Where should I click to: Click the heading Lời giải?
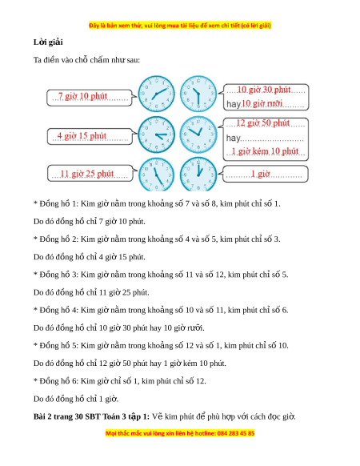click(48, 42)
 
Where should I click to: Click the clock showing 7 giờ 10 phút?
click(156, 94)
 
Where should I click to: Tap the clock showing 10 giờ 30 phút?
click(198, 94)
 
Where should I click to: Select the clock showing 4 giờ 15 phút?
click(156, 135)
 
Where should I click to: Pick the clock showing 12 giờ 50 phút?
click(198, 135)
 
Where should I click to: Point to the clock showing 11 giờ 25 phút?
click(156, 175)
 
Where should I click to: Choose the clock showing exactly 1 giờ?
click(198, 175)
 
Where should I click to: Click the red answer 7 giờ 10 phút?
click(82, 96)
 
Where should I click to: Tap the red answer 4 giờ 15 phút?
click(82, 136)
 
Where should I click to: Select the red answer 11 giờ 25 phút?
click(87, 174)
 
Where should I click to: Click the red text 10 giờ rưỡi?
click(262, 103)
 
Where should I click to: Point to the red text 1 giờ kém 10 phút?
click(265, 151)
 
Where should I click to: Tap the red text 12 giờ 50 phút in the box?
click(263, 123)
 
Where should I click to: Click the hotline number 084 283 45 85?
click(236, 433)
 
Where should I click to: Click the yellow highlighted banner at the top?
click(180, 26)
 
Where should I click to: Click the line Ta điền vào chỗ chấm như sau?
click(86, 60)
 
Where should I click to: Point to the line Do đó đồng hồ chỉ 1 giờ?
click(76, 399)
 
